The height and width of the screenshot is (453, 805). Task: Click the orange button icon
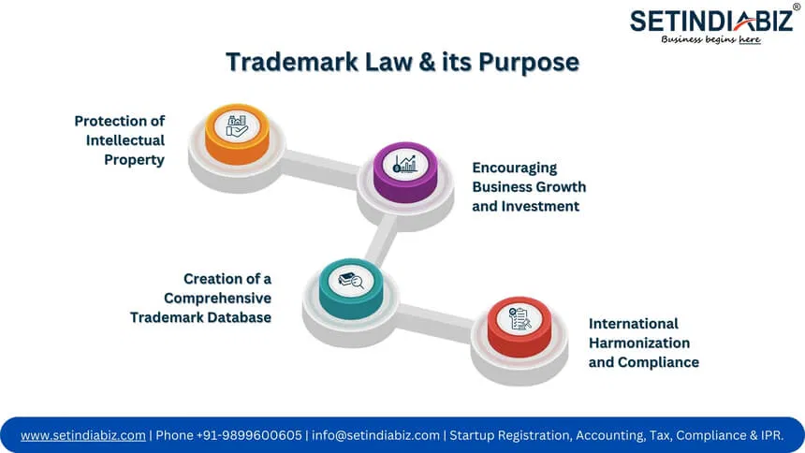pyautogui.click(x=237, y=134)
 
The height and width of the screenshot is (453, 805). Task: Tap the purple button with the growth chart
pyautogui.click(x=405, y=171)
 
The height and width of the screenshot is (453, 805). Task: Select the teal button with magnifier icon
pyautogui.click(x=351, y=288)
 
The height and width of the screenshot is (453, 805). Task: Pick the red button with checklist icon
pyautogui.click(x=520, y=327)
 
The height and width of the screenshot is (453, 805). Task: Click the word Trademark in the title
pyautogui.click(x=292, y=62)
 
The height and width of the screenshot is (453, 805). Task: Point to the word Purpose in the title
pyautogui.click(x=529, y=63)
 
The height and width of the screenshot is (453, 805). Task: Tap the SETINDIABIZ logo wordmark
pyautogui.click(x=711, y=21)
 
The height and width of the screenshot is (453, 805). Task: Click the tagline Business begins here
pyautogui.click(x=711, y=39)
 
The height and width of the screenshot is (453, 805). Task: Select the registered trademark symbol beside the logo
pyautogui.click(x=797, y=7)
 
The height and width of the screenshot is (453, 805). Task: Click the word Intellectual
pyautogui.click(x=125, y=140)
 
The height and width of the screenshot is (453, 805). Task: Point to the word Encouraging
pyautogui.click(x=515, y=168)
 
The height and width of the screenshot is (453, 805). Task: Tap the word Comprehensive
pyautogui.click(x=218, y=299)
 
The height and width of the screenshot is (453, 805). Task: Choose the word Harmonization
pyautogui.click(x=639, y=343)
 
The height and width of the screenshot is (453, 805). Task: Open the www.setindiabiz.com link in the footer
pyautogui.click(x=83, y=435)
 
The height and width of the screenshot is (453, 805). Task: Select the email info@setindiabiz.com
pyautogui.click(x=375, y=435)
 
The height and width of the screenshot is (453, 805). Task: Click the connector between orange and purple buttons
pyautogui.click(x=321, y=168)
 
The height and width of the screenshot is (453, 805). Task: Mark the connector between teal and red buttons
pyautogui.click(x=435, y=322)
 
